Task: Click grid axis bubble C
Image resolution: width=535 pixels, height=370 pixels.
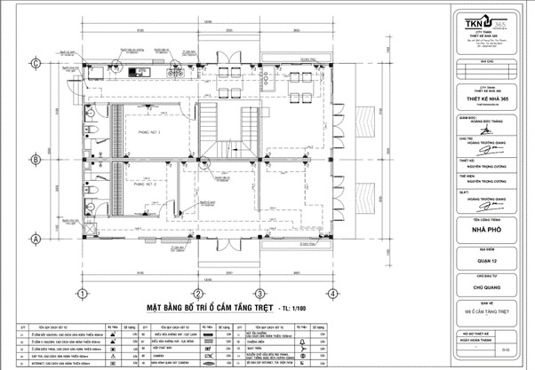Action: click(36, 63)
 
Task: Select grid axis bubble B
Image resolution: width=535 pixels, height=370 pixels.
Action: click(36, 160)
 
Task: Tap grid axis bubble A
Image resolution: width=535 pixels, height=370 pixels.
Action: click(36, 239)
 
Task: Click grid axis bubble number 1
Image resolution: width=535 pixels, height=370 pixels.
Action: click(81, 293)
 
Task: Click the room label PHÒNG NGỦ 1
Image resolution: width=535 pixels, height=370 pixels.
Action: click(147, 130)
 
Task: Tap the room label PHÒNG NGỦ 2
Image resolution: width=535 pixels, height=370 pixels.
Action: click(145, 186)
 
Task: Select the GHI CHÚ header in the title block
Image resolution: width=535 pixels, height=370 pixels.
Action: click(485, 63)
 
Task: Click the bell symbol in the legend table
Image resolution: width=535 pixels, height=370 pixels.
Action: click(303, 341)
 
